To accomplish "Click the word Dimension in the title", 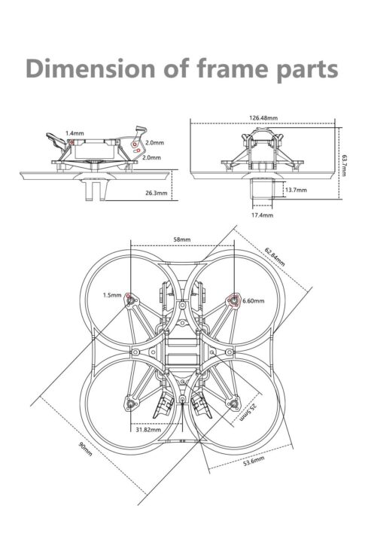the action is coord(90,68).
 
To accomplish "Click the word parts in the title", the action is coord(307,70).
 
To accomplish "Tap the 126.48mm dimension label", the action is coord(263,118).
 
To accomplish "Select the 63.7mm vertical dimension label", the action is coord(343,165).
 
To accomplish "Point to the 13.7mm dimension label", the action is coord(297,190).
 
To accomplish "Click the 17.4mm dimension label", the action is coord(262,215).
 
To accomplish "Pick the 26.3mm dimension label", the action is coord(157,193).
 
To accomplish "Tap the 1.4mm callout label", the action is coord(75,133).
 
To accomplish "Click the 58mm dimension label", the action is coord(182,239).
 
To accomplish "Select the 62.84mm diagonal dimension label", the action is coord(275,257).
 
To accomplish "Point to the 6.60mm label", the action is coord(254,301).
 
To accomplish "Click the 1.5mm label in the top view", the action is coord(112,295).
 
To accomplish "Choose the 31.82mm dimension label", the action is coord(148,430).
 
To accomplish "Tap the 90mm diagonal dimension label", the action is coord(85,449).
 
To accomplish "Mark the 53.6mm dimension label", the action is coord(254,461).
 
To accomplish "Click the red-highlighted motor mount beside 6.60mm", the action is coord(233,300).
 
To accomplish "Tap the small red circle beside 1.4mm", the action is coord(72,142).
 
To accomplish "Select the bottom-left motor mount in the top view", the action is coord(131,403).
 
